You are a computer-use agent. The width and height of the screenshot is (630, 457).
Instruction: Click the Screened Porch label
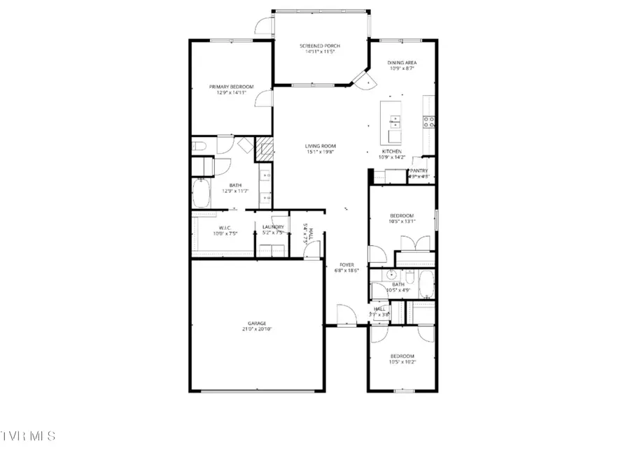320,46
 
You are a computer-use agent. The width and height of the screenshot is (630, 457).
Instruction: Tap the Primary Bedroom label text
231,87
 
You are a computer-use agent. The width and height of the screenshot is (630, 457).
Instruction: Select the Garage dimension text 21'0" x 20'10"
255,329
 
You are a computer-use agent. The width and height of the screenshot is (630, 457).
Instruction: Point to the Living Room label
320,145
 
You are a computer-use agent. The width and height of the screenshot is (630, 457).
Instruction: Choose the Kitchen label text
391,152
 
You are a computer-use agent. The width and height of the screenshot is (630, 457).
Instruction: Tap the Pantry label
419,170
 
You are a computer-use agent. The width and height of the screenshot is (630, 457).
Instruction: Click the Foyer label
346,265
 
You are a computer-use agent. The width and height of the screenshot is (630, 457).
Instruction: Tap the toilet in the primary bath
198,146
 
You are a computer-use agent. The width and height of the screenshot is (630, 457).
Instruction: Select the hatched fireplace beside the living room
265,148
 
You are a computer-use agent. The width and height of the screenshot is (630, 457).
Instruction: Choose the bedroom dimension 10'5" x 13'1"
402,222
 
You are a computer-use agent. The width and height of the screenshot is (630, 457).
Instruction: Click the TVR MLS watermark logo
28,436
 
